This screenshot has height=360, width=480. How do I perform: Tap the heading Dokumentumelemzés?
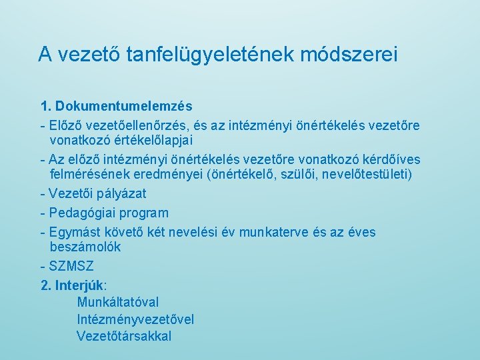[124, 106]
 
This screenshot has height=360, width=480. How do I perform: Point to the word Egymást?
[73, 233]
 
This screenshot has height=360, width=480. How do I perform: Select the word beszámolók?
[85, 247]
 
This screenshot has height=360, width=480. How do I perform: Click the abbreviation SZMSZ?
[71, 267]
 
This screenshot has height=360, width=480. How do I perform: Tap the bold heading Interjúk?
[79, 286]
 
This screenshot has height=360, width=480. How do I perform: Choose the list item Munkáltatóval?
[118, 303]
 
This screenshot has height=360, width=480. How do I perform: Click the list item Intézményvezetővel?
[135, 319]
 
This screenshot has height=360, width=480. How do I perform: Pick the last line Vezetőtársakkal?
[124, 336]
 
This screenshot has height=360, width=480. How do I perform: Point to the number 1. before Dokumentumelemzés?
[46, 106]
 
